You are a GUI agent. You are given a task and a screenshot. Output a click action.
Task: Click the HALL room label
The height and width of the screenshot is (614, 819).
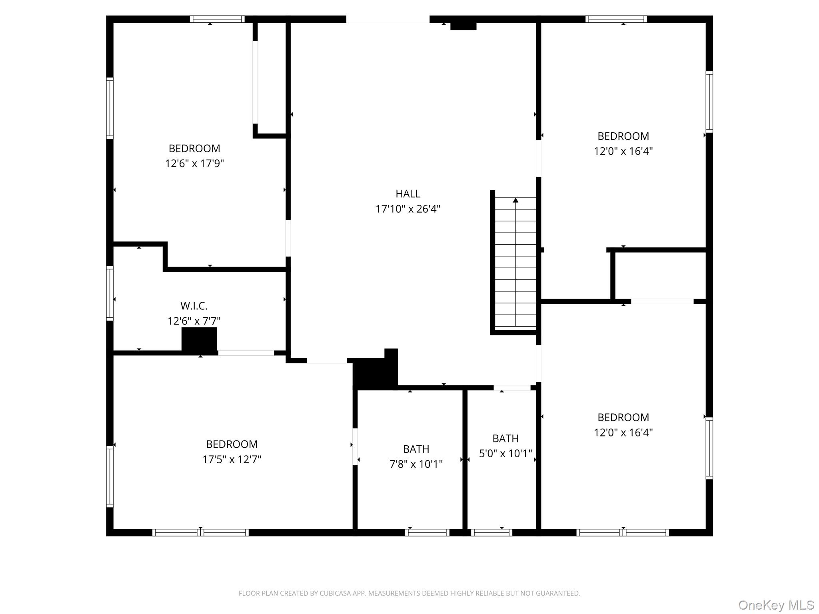[x=408, y=194]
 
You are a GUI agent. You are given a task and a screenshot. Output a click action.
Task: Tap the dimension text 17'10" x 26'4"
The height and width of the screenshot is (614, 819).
[x=408, y=209]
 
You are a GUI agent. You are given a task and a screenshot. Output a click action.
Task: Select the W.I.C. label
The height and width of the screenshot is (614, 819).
[x=194, y=306]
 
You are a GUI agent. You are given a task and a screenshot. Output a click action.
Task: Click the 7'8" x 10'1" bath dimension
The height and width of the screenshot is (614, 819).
[x=416, y=464]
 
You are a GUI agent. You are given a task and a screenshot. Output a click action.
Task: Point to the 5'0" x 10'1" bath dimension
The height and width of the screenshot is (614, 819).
[x=505, y=454]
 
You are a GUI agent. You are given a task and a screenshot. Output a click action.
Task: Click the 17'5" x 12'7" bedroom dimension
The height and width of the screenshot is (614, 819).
[x=232, y=459]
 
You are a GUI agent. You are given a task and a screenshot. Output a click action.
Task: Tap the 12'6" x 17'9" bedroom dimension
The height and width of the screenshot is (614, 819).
[x=194, y=163]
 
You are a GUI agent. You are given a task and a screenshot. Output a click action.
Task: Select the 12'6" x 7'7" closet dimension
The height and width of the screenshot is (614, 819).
[x=194, y=321]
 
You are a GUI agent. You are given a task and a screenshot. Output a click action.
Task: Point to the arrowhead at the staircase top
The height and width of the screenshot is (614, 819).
[x=515, y=200]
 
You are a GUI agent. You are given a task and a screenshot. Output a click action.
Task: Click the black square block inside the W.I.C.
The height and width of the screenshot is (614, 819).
[x=199, y=340]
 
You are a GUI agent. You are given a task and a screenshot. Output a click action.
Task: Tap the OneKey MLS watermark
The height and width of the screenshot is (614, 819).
[x=776, y=605]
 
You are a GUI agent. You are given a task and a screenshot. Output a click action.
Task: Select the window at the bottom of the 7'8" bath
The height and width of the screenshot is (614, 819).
[x=427, y=532]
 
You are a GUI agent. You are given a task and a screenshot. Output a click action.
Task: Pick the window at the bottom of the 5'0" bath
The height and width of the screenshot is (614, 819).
[x=491, y=532]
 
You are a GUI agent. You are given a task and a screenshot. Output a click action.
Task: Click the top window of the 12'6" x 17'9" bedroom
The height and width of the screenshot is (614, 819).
[x=217, y=19]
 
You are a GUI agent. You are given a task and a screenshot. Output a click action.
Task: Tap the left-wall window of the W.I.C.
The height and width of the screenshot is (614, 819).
[x=110, y=293]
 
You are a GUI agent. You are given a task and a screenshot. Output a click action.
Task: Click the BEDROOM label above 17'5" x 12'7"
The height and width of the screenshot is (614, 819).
[x=232, y=444]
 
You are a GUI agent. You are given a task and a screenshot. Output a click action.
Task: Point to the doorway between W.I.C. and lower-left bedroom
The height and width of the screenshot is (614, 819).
[x=246, y=353]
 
